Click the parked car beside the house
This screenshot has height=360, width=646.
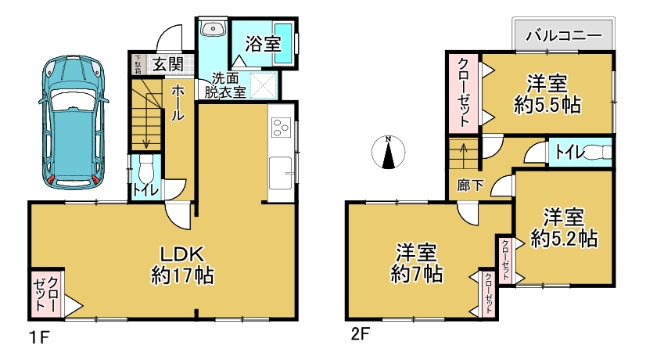tap(73, 122)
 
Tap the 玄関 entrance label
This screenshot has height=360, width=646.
tap(167, 64)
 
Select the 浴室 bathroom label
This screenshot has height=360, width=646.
tap(264, 44)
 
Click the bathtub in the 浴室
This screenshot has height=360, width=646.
tap(283, 43)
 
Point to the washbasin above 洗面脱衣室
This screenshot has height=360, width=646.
tap(213, 28)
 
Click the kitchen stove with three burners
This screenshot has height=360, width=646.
tap(281, 128)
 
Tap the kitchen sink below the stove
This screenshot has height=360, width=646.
tap(281, 172)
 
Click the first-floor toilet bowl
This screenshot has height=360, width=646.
tap(145, 169)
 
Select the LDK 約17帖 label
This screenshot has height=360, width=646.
tap(182, 265)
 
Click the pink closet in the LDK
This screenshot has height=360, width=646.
tap(46, 293)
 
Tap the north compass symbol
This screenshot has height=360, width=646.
tap(388, 152)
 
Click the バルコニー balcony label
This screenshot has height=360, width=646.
tap(564, 35)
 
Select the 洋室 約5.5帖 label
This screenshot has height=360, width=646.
tap(547, 94)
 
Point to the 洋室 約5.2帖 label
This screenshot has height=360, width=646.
tap(564, 228)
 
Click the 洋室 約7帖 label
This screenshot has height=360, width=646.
tap(417, 264)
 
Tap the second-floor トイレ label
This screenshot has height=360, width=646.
tap(570, 153)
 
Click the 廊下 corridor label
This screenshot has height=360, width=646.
tap(470, 185)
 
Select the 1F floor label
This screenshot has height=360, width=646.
tap(40, 338)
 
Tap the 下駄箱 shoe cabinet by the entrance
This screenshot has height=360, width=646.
tap(138, 64)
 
